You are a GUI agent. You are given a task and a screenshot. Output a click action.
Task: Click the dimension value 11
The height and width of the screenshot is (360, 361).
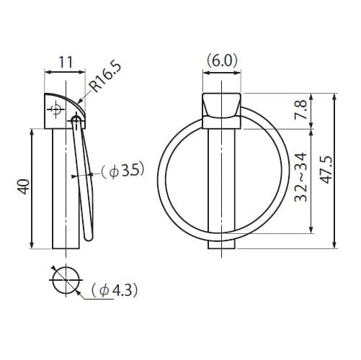click(x=66, y=62)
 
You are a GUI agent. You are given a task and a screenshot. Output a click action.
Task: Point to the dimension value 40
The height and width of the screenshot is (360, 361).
click(x=24, y=186)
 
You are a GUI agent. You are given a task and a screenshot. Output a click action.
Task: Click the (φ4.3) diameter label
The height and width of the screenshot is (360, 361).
click(x=115, y=290)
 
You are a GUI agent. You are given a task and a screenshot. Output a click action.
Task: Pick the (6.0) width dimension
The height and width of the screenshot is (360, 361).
click(x=222, y=60)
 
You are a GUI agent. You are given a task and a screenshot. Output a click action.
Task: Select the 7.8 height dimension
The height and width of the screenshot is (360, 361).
click(x=301, y=109)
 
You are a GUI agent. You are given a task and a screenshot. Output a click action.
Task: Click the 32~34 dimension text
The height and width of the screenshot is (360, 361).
click(x=300, y=177)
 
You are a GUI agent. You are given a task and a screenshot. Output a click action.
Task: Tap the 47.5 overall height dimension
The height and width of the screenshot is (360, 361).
click(x=326, y=170)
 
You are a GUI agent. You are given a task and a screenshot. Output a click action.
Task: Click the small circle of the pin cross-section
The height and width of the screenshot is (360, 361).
click(x=66, y=280)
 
